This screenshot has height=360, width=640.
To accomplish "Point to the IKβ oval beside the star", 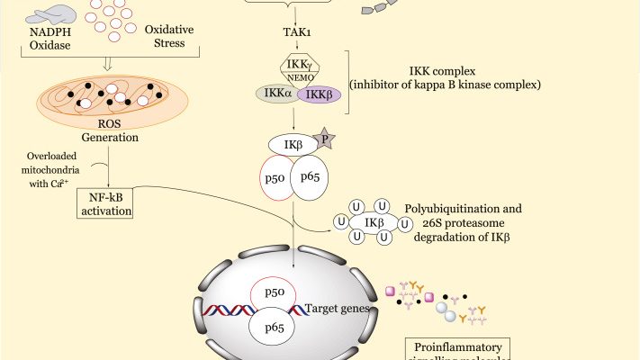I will tap(291, 145).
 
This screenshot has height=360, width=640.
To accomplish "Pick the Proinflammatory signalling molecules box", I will tap(459, 349).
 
